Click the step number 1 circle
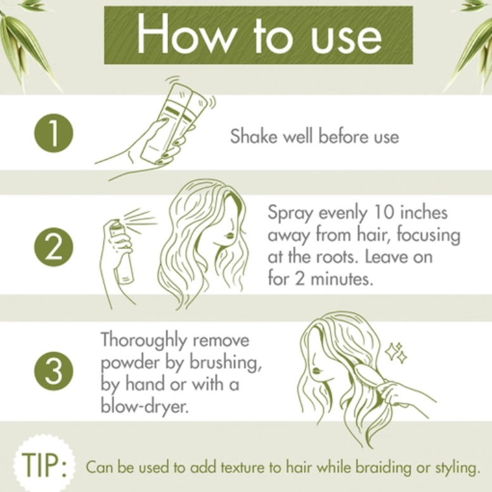(54, 133)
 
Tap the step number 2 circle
(54, 247)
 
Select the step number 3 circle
(54, 370)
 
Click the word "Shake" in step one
(254, 136)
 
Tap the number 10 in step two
(384, 212)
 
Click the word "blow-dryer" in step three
(145, 406)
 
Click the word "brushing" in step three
(225, 363)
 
